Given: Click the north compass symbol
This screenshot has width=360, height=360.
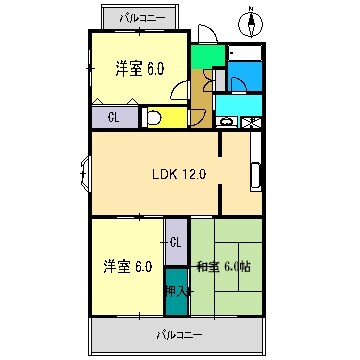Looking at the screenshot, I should (x=251, y=19).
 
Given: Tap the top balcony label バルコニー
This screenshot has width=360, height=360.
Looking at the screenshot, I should (x=141, y=18).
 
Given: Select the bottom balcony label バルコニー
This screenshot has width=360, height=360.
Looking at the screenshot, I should (x=178, y=332).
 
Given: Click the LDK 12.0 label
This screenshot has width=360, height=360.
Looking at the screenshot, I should (x=178, y=174).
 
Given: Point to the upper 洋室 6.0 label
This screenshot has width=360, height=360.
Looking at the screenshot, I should (x=139, y=68).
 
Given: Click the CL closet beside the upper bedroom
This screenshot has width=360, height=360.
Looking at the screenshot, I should (x=114, y=118).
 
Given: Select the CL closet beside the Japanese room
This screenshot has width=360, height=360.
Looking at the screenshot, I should (x=176, y=242).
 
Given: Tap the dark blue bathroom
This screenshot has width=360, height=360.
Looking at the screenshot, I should (x=244, y=75).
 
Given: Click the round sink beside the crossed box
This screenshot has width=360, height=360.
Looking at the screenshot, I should (x=226, y=123).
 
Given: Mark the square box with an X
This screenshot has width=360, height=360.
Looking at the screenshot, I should (x=252, y=123).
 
